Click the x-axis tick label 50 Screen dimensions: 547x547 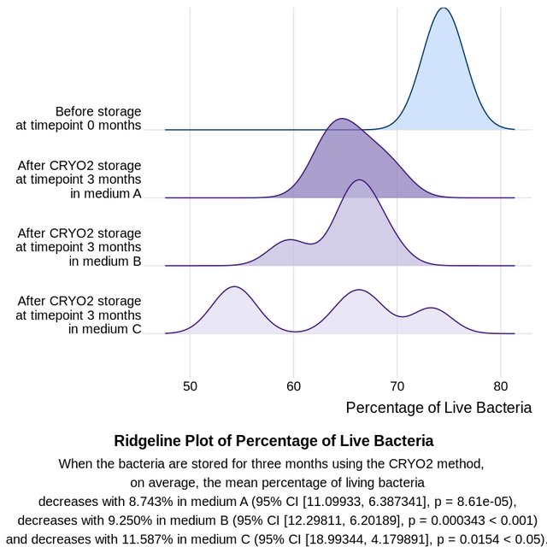coord(190,385)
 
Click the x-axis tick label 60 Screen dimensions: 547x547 coord(293,385)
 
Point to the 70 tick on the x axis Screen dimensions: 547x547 coord(397,385)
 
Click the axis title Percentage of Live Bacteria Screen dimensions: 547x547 coord(438,408)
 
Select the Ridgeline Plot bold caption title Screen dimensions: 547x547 coord(273,441)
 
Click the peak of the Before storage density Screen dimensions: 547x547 coord(442,9)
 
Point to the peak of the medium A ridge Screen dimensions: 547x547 coord(341,119)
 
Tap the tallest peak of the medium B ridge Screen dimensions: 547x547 coord(359,180)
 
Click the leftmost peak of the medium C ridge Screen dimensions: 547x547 coord(233,287)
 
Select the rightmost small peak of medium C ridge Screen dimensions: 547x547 coord(432,308)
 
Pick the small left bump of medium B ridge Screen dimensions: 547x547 coord(290,240)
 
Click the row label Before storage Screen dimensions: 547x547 coord(79,118)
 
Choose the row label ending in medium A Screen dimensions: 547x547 coord(79,179)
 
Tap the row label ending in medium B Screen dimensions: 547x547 coord(79,247)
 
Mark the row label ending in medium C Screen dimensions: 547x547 coord(79,315)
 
